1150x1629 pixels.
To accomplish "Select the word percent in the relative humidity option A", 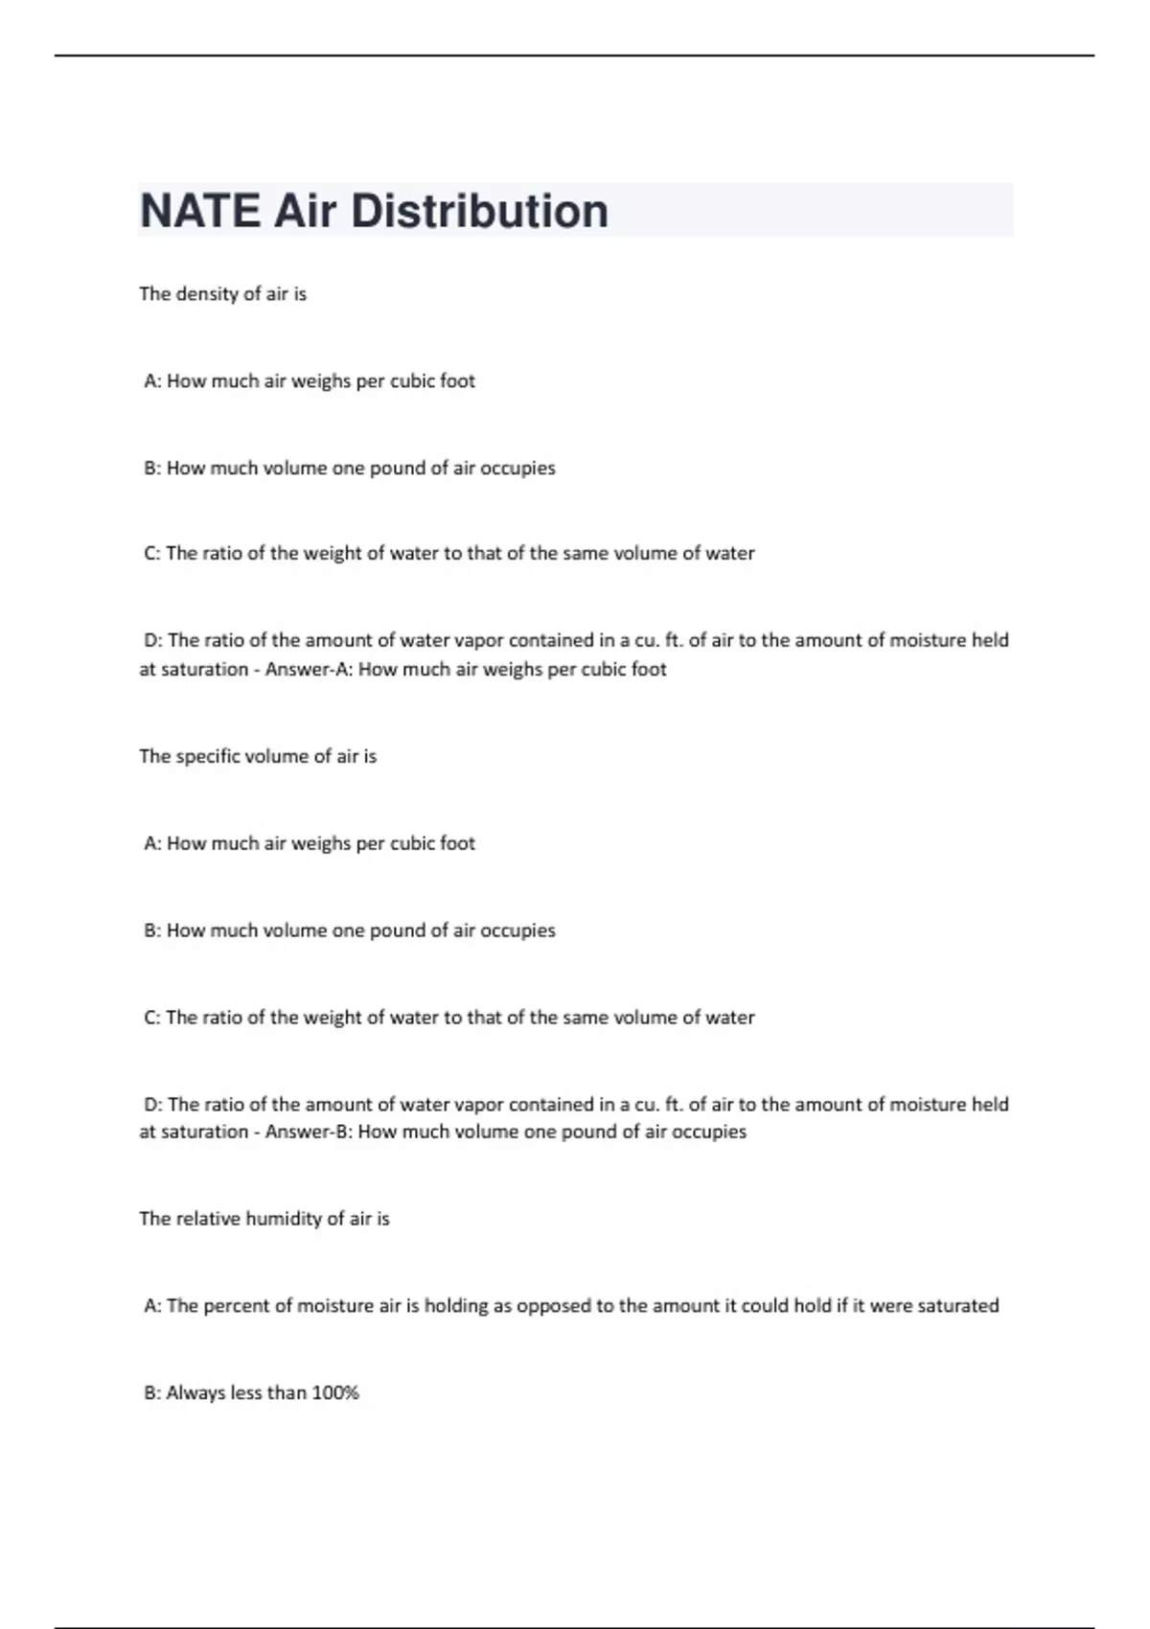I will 239,1306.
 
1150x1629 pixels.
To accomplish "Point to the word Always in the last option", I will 195,1393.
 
